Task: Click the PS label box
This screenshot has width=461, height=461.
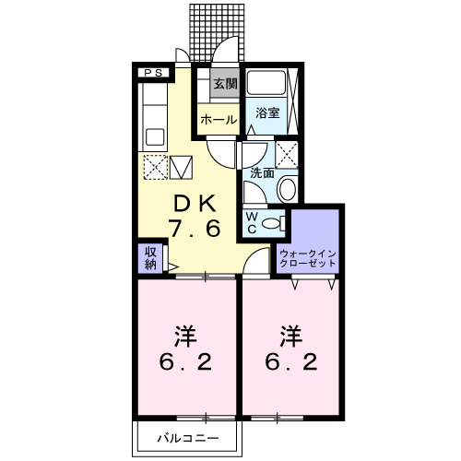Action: [153, 73]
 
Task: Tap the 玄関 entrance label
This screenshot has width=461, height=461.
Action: [226, 83]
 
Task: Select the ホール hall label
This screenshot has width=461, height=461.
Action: [219, 120]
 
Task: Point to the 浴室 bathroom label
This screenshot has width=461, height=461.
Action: [267, 112]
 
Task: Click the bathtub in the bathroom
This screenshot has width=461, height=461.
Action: [266, 83]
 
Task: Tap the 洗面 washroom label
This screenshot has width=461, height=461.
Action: [262, 173]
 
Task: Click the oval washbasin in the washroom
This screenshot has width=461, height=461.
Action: [288, 188]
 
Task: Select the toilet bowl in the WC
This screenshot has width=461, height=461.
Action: [270, 223]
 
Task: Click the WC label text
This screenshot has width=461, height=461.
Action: [252, 223]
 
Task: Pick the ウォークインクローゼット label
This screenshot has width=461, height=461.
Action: [308, 259]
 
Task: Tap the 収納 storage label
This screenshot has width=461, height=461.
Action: [150, 258]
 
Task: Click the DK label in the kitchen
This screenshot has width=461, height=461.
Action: [195, 204]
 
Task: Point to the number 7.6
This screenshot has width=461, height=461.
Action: [195, 229]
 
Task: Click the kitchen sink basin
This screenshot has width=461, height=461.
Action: [155, 137]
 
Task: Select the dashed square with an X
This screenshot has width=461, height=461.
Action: [156, 167]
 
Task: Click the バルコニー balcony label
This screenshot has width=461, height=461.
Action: [188, 438]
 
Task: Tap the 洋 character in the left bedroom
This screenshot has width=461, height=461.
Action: [186, 337]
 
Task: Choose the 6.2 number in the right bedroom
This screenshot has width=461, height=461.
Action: [291, 362]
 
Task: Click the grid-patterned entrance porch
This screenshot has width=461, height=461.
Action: [217, 32]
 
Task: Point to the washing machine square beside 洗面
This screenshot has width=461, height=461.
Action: [287, 155]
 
